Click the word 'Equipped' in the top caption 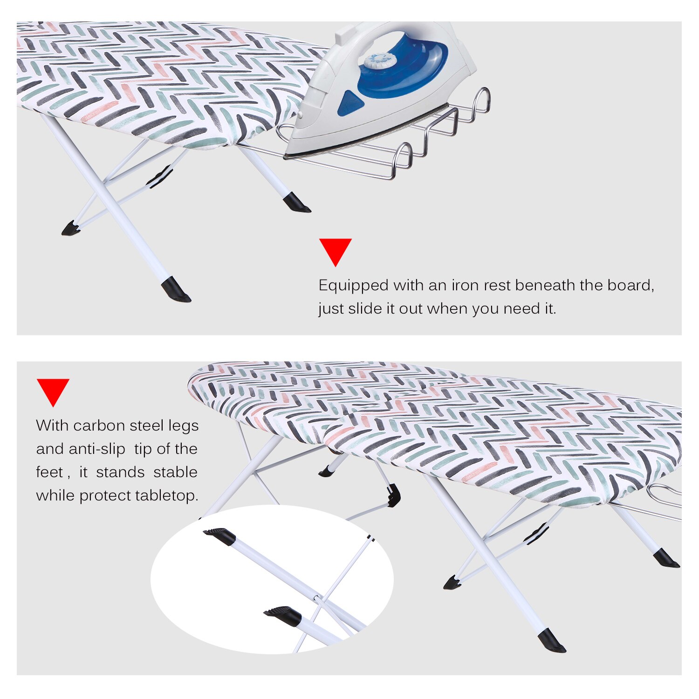coord(353,285)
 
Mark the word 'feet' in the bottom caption coord(49,472)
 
